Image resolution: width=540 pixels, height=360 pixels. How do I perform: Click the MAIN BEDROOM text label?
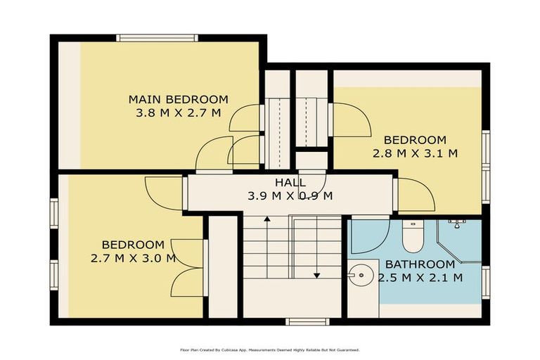click(178, 99)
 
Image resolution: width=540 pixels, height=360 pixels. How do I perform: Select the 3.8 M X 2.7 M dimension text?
click(178, 112)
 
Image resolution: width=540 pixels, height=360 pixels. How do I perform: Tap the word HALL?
click(290, 183)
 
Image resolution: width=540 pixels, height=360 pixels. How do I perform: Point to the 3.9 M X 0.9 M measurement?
click(290, 195)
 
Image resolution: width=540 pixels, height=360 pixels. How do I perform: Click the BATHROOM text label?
click(420, 264)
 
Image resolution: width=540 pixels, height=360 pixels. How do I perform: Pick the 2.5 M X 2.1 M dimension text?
click(420, 277)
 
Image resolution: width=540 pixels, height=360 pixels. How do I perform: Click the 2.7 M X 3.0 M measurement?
click(133, 257)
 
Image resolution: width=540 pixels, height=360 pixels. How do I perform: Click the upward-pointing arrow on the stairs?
click(267, 219)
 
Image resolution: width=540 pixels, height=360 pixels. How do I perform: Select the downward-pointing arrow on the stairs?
click(316, 274)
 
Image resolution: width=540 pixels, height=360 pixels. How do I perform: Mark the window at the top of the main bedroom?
click(157, 38)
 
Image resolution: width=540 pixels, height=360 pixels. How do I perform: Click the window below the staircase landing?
click(307, 321)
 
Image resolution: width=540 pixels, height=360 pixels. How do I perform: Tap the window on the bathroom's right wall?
click(485, 281)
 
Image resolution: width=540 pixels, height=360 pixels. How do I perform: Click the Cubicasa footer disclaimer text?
click(270, 349)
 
